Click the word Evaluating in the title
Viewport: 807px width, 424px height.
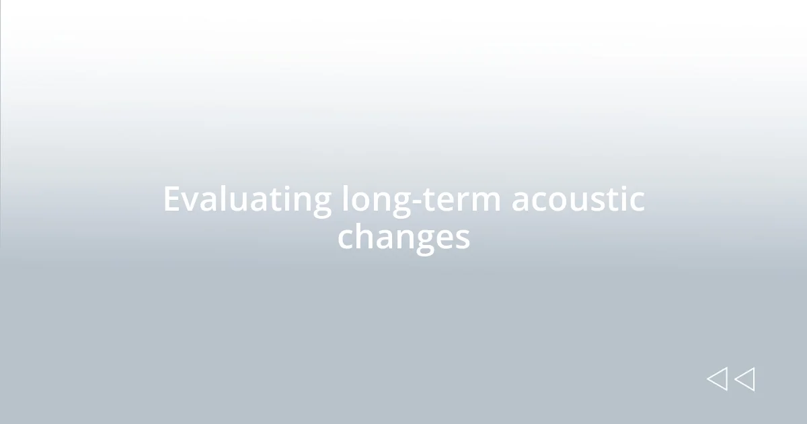(x=247, y=200)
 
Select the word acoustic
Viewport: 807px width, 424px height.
(x=578, y=200)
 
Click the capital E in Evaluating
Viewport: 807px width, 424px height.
(x=172, y=200)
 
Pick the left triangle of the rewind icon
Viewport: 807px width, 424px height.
(x=717, y=379)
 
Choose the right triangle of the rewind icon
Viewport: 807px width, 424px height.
(x=744, y=379)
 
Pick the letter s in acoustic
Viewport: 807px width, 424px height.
(x=601, y=201)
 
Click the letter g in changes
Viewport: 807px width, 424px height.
(x=418, y=240)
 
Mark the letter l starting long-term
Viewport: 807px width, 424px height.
(x=345, y=199)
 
